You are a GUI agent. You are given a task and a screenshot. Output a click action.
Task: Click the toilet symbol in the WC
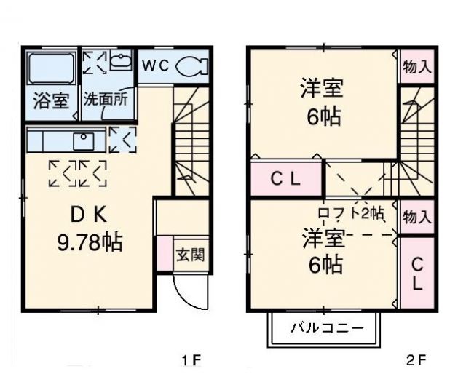(191, 65)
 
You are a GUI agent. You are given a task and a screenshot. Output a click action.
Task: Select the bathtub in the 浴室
(51, 71)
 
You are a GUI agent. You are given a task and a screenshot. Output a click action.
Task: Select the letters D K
(89, 215)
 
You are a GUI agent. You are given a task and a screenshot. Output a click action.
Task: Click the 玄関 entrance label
(190, 255)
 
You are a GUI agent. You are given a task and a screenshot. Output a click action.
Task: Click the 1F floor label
(190, 360)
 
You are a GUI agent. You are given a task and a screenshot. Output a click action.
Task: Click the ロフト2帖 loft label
(350, 213)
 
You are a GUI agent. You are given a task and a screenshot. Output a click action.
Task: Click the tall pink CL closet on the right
(416, 273)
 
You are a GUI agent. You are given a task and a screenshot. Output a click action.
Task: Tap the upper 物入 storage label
(416, 67)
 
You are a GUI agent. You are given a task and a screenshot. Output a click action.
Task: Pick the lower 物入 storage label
(416, 217)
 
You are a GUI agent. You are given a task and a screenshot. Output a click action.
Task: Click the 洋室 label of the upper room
(322, 89)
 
